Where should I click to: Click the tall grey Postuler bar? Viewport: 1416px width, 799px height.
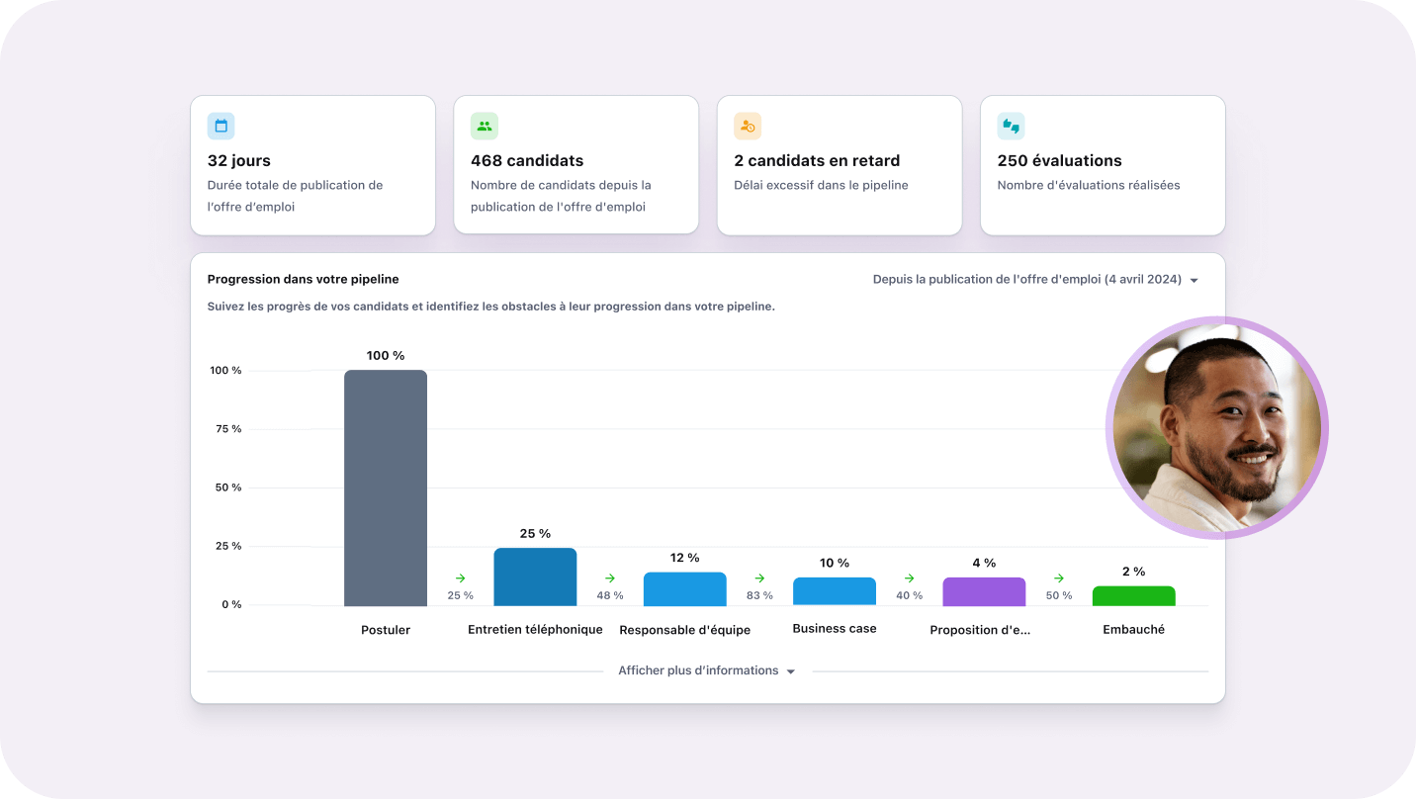click(x=386, y=488)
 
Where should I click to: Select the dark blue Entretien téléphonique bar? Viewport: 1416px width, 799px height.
click(x=535, y=577)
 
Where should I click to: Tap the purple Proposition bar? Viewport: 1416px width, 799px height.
click(x=984, y=591)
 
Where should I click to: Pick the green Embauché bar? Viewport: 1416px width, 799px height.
click(x=1133, y=595)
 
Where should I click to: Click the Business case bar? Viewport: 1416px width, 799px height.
click(x=835, y=591)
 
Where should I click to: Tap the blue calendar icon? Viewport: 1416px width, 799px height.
click(x=221, y=126)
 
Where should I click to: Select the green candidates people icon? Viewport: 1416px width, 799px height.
click(x=485, y=126)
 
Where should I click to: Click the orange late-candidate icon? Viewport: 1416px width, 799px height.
click(x=748, y=126)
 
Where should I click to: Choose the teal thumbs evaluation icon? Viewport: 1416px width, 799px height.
click(x=1011, y=126)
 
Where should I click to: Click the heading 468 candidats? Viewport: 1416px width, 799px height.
click(x=527, y=160)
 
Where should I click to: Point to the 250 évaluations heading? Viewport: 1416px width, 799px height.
click(x=1059, y=160)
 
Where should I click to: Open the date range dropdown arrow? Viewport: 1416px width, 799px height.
click(x=1194, y=281)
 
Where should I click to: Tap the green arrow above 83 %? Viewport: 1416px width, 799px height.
click(x=759, y=578)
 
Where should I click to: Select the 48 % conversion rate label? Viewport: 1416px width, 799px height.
click(x=610, y=595)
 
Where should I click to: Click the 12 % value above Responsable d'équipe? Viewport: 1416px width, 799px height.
click(x=684, y=558)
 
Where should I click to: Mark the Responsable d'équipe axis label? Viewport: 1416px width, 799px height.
click(x=684, y=630)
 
